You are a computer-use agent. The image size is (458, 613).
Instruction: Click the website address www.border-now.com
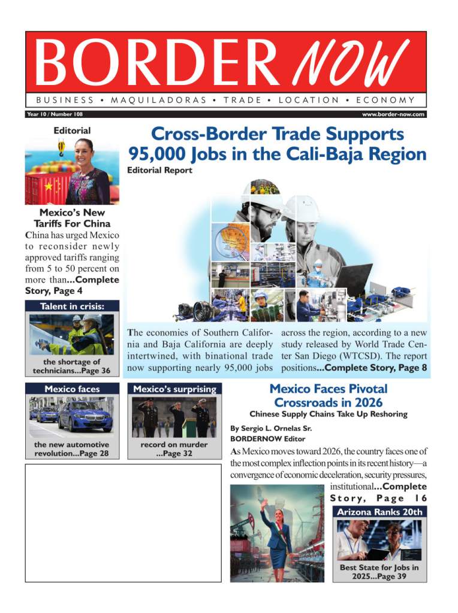(x=393, y=114)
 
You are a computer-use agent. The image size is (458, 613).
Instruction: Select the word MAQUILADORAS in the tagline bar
(x=159, y=100)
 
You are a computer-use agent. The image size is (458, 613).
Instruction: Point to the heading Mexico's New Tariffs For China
(x=72, y=218)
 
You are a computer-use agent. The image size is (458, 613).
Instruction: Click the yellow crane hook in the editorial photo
(x=61, y=147)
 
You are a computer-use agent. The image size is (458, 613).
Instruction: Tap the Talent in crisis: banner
(x=72, y=306)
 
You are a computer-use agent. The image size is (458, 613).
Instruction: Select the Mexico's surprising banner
(x=174, y=389)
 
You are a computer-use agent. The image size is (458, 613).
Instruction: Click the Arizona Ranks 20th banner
(x=379, y=512)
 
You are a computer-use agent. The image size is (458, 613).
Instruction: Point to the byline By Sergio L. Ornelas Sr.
(x=272, y=429)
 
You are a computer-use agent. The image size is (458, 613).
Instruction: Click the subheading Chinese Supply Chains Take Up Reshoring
(x=328, y=414)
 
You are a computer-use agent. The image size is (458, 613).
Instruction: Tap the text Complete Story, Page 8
(x=376, y=368)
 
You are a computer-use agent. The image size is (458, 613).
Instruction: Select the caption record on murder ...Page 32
(x=174, y=449)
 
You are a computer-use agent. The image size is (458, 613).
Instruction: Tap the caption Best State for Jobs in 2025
(x=379, y=572)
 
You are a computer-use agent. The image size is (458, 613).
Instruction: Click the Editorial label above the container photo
(x=72, y=131)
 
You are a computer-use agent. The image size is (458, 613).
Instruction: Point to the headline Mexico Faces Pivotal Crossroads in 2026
(x=328, y=396)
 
